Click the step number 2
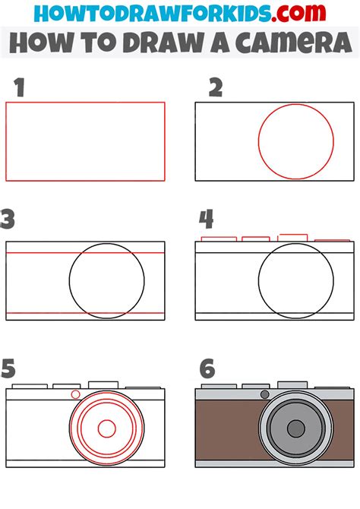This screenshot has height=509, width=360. click(x=216, y=88)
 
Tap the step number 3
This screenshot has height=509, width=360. click(x=8, y=220)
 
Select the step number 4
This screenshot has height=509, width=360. click(x=206, y=220)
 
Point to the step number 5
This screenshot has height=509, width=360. click(x=9, y=369)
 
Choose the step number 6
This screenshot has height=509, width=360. click(x=207, y=369)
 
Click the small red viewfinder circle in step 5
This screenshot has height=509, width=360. click(x=75, y=394)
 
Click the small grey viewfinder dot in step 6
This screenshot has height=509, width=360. click(x=264, y=394)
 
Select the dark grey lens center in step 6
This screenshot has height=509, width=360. click(x=295, y=428)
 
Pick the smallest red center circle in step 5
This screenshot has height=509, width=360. click(x=107, y=428)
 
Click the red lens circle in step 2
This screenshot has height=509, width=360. click(x=296, y=142)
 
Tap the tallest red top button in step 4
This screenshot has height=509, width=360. click(x=292, y=237)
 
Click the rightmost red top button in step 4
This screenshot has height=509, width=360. click(x=333, y=240)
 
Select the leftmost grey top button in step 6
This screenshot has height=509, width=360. click(x=218, y=387)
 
